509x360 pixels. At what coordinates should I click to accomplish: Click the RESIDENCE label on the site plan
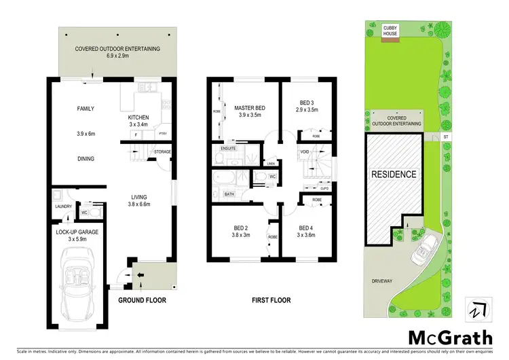pos(393,174)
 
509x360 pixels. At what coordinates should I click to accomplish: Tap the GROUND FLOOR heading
pos(142,300)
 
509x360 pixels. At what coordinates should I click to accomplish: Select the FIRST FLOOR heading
pos(271,300)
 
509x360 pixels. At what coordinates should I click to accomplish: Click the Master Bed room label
pos(250,109)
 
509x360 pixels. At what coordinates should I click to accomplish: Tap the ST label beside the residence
pos(445,137)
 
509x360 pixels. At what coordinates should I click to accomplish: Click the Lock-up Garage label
pos(77,232)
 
